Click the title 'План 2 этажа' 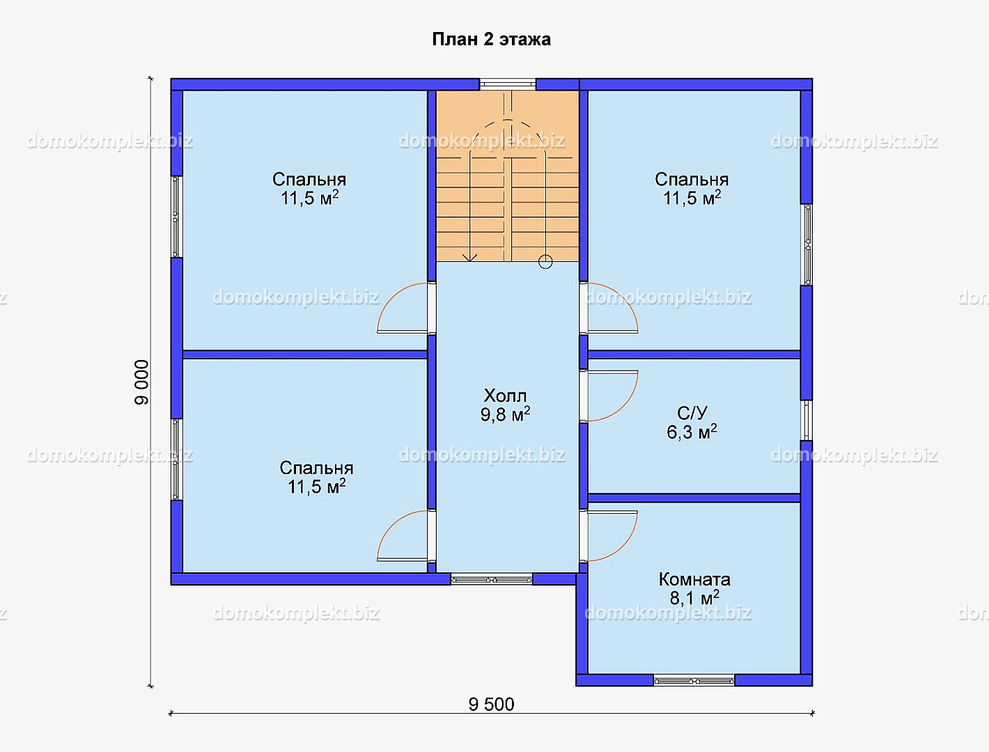491,40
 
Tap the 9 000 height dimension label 141,382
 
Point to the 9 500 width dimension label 491,704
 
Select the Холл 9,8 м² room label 505,405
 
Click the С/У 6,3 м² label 692,423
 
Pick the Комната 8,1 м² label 694,588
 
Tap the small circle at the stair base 545,262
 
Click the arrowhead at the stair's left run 470,258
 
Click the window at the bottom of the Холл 491,579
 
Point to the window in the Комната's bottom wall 694,681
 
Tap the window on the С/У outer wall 807,421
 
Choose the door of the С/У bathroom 609,395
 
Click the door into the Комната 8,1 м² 609,536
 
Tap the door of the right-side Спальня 609,308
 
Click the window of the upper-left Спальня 176,217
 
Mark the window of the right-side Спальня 807,244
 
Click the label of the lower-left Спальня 316,478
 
